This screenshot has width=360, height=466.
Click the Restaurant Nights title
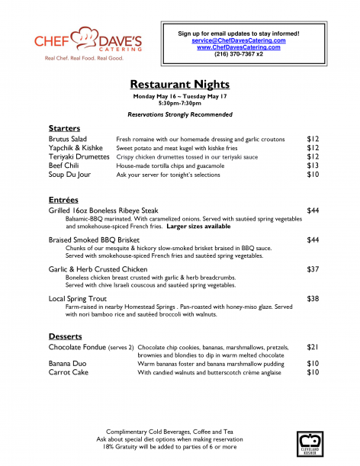click(180, 84)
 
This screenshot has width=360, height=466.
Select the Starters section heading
click(64, 128)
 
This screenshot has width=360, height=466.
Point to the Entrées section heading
click(63, 199)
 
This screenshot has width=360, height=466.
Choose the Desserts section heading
click(66, 336)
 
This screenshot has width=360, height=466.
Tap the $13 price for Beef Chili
click(313, 165)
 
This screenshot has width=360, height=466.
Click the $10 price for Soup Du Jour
click(313, 175)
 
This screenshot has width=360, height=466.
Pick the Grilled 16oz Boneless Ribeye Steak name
click(103, 210)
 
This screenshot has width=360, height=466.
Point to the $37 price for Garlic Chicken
click(313, 270)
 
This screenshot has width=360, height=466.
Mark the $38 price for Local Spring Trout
click(313, 299)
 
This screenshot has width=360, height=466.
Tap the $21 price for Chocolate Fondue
click(313, 347)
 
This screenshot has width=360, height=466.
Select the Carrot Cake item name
click(68, 372)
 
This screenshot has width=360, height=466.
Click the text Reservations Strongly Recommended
click(180, 114)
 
